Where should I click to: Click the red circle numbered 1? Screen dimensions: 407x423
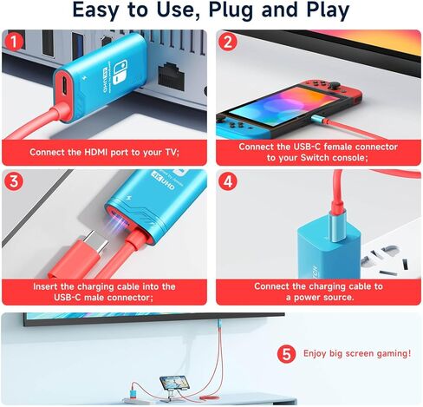click(14, 41)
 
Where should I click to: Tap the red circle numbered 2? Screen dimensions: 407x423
click(228, 41)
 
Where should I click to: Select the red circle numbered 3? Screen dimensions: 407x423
click(14, 182)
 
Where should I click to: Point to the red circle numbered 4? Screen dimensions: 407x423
click(228, 182)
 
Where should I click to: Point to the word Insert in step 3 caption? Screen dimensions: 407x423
click(49, 286)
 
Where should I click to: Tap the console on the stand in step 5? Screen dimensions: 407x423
click(174, 383)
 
